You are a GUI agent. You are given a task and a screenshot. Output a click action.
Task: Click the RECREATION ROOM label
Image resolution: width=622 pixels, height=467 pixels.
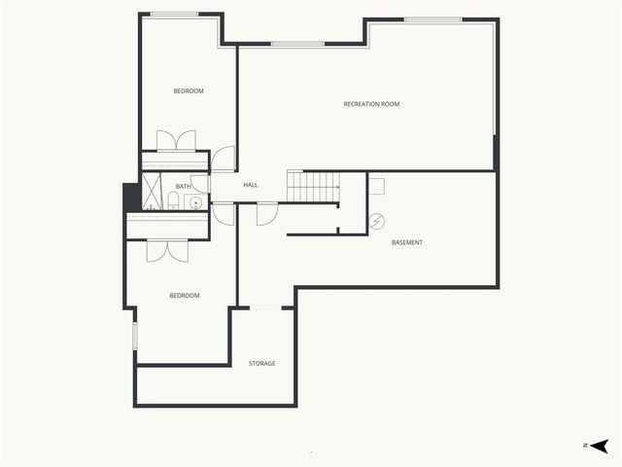pyautogui.click(x=371, y=104)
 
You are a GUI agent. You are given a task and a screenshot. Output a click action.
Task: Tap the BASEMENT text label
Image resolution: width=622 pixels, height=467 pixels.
pyautogui.click(x=407, y=242)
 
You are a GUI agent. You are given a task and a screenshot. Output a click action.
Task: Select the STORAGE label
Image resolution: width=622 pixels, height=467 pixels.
pyautogui.click(x=261, y=363)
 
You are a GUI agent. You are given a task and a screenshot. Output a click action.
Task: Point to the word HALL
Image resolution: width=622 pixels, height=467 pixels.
pyautogui.click(x=251, y=185)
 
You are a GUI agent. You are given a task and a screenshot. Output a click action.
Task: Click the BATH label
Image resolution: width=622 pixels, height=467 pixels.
pyautogui.click(x=183, y=186)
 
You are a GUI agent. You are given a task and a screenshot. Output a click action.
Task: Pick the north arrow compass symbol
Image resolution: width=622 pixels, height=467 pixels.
pyautogui.click(x=599, y=446)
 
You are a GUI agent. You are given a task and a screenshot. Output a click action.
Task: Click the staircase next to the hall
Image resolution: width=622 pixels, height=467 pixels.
pyautogui.click(x=313, y=186)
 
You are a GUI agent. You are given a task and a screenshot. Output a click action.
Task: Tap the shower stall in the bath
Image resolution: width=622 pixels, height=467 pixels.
pyautogui.click(x=152, y=191)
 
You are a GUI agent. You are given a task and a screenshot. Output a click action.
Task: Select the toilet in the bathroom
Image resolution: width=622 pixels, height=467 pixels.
pyautogui.click(x=173, y=200)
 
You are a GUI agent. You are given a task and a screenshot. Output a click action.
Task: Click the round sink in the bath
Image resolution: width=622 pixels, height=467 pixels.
pyautogui.click(x=196, y=203)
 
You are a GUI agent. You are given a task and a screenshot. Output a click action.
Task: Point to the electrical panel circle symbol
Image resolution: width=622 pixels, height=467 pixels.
pyautogui.click(x=376, y=221)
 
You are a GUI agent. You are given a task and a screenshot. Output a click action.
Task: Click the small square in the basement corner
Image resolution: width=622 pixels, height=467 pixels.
pyautogui.click(x=376, y=186)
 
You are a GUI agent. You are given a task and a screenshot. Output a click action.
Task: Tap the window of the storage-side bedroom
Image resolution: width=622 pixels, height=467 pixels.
pyautogui.click(x=135, y=336)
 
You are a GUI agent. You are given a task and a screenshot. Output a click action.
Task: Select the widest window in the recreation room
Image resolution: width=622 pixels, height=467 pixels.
pyautogui.click(x=432, y=19)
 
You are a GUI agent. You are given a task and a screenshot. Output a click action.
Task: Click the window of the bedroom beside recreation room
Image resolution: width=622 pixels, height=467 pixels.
pyautogui.click(x=175, y=15)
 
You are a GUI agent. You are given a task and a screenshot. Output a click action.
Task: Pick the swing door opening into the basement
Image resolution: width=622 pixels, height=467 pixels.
pyautogui.click(x=267, y=214)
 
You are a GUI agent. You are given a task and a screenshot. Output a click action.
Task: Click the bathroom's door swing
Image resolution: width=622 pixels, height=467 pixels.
pyautogui.click(x=200, y=184)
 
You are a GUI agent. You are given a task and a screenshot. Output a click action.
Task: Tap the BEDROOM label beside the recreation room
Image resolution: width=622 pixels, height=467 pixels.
pyautogui.click(x=189, y=90)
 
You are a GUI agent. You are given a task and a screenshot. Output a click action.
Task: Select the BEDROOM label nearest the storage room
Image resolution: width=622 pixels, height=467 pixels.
pyautogui.click(x=185, y=296)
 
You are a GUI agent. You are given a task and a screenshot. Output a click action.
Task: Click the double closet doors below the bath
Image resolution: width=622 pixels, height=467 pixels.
pyautogui.click(x=167, y=251)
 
